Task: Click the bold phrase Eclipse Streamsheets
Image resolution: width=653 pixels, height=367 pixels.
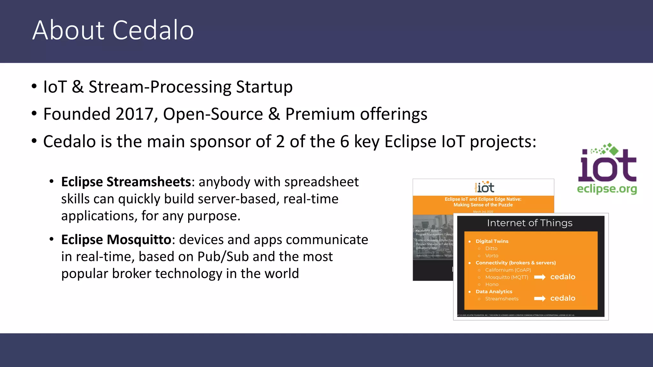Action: click(x=126, y=182)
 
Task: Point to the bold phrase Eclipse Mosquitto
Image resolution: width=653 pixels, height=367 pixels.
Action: click(x=116, y=240)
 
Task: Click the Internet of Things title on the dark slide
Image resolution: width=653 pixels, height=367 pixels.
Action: click(x=530, y=223)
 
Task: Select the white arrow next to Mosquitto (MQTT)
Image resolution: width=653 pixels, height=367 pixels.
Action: click(x=539, y=277)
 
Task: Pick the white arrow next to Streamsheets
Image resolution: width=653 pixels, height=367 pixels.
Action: click(x=539, y=299)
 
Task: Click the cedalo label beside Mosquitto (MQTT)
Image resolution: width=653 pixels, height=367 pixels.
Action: click(x=563, y=277)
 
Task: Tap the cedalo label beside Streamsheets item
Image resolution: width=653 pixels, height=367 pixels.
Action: click(x=563, y=298)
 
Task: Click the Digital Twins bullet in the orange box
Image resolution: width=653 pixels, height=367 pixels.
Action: click(x=492, y=241)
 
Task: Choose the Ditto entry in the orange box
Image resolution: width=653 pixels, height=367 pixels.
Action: click(x=491, y=248)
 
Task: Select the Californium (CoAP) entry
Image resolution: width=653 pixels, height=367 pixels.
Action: click(x=508, y=270)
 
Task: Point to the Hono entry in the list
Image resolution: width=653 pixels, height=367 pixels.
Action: click(x=492, y=284)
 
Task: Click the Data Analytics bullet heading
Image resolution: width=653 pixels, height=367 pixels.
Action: click(x=494, y=291)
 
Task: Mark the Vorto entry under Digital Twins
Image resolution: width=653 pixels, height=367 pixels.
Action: click(x=491, y=255)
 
